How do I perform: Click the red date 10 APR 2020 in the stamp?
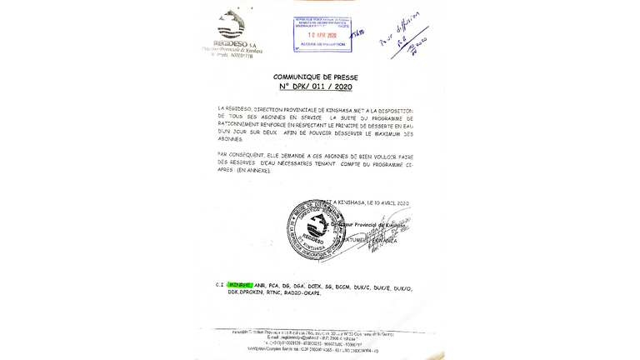pos(321,37)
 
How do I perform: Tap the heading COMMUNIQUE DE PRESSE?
pos(316,77)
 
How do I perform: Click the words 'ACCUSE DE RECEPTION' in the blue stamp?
pos(321,46)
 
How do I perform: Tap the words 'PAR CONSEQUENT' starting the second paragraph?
pos(239,154)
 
